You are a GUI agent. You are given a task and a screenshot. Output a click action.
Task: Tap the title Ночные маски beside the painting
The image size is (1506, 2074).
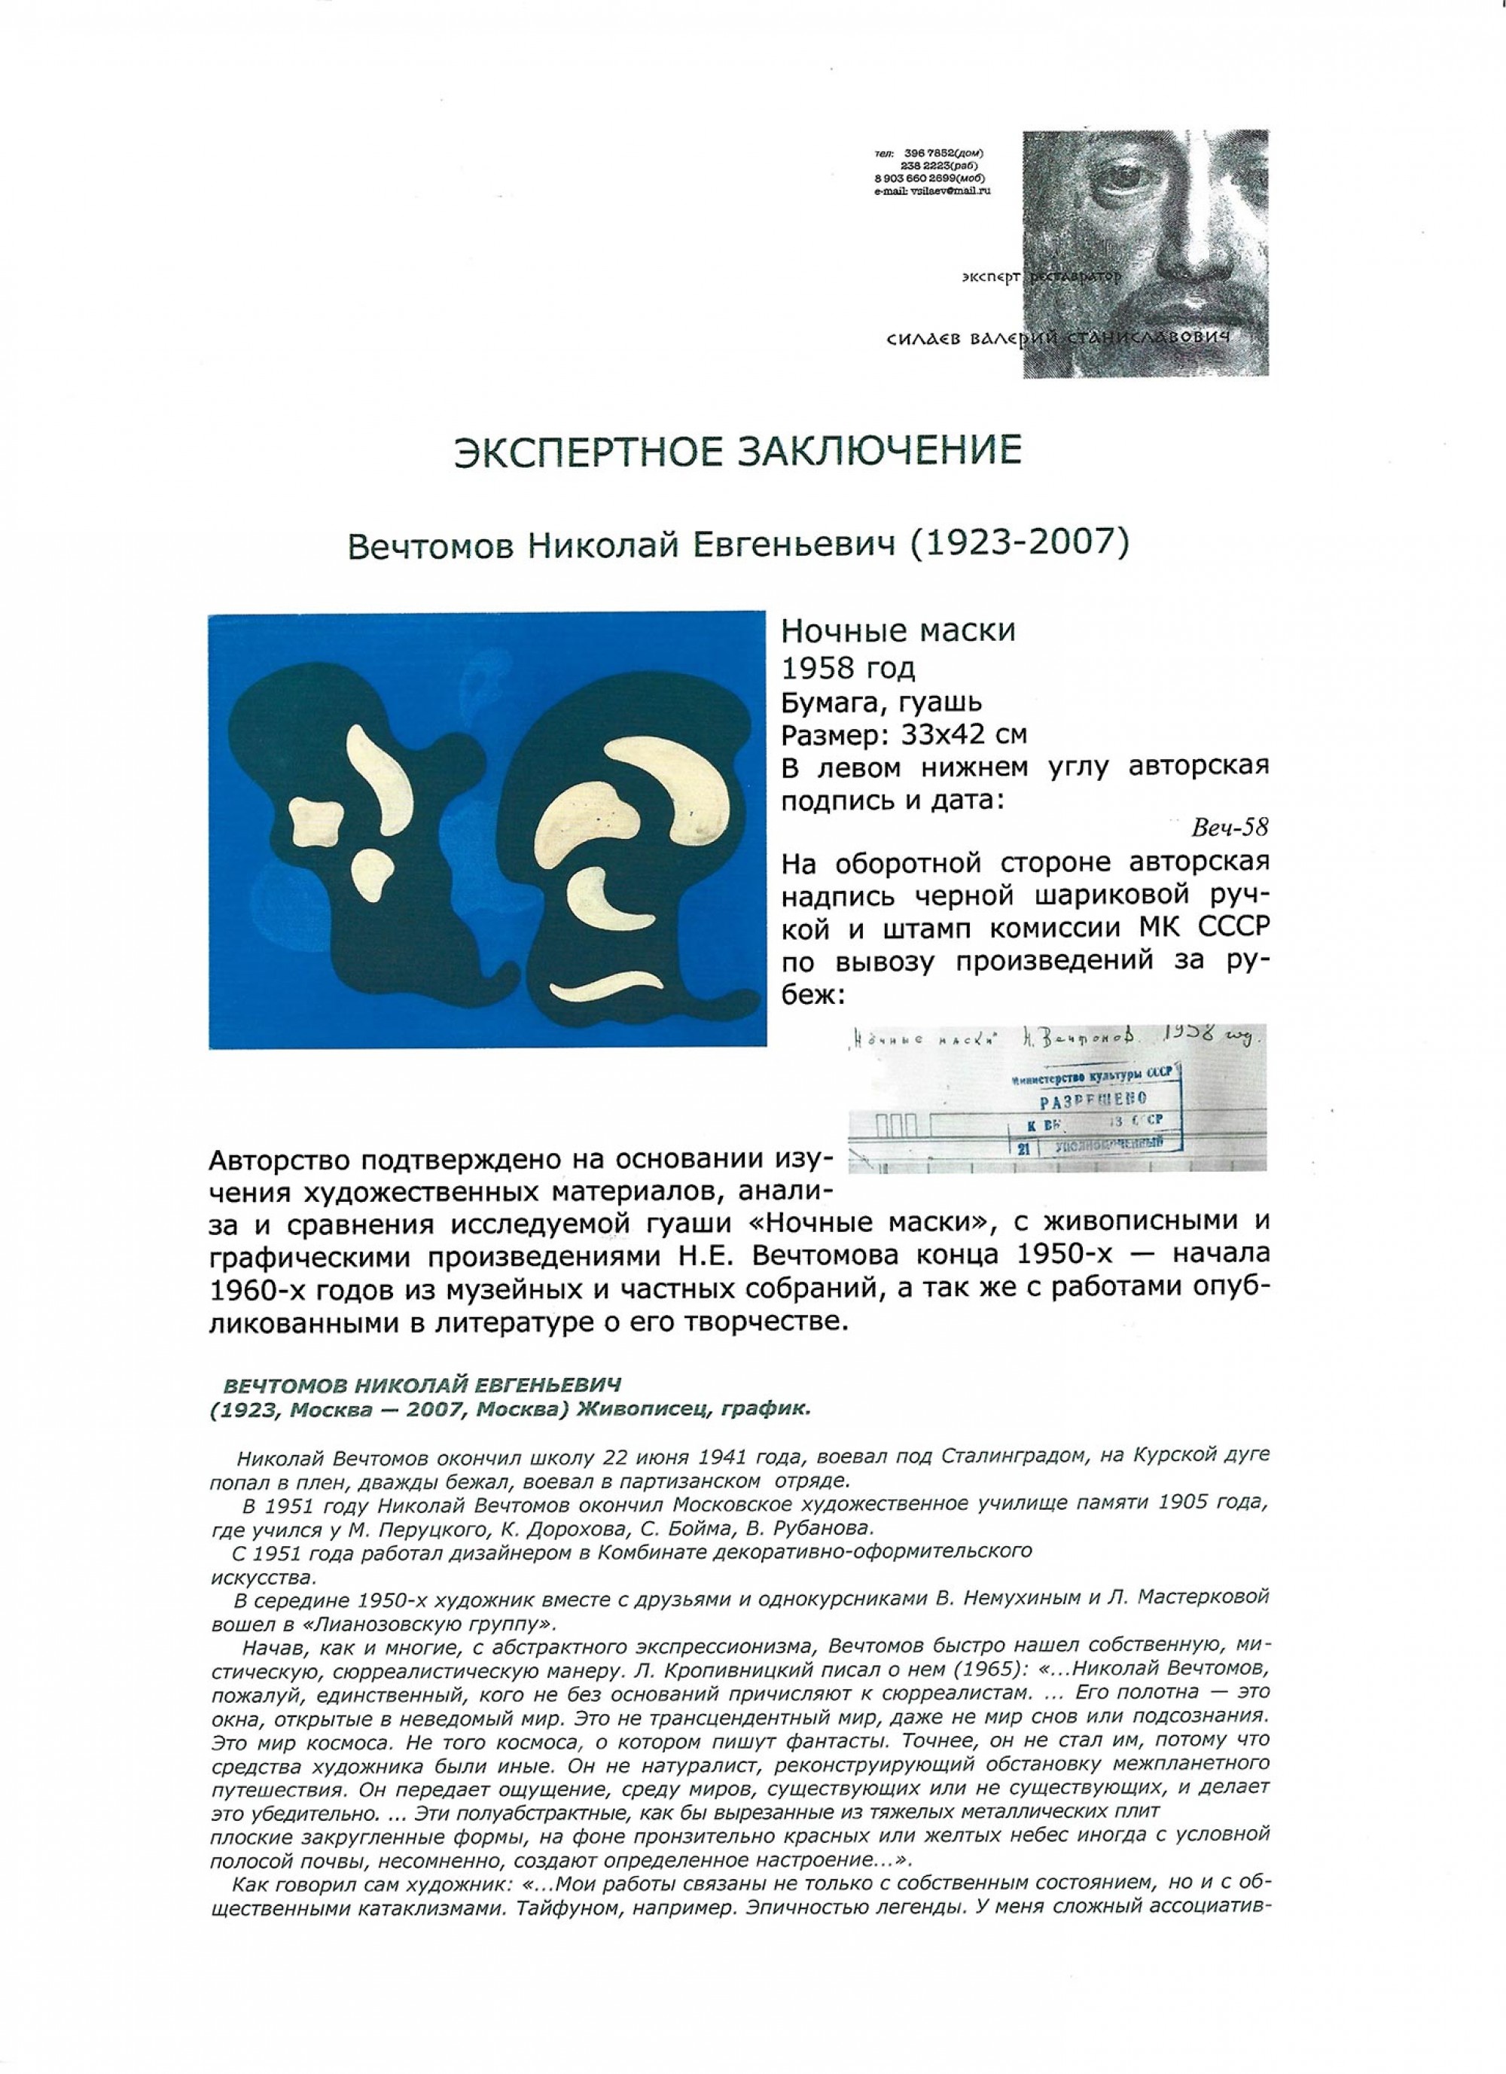[897, 631]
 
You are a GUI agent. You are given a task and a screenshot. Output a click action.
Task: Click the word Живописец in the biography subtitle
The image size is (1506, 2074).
[631, 1409]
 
